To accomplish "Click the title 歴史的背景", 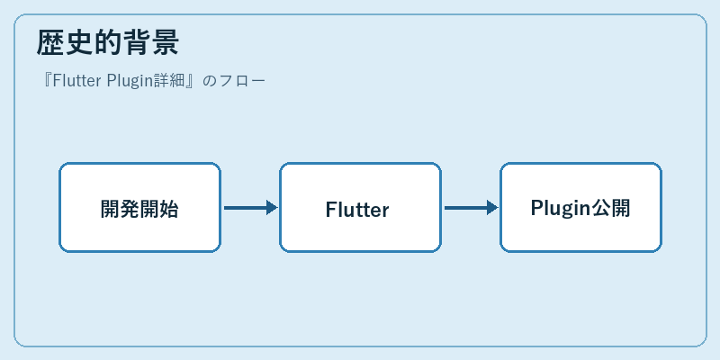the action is (x=107, y=42).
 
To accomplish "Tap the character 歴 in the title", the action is (x=50, y=42).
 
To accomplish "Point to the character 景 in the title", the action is (x=165, y=42).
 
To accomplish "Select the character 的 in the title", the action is (x=107, y=42).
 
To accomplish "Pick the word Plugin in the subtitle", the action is (x=130, y=82).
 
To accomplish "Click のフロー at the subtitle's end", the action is (x=234, y=81).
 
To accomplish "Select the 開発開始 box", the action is (x=140, y=208).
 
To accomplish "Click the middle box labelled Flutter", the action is (x=361, y=208).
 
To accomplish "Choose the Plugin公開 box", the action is (x=580, y=208).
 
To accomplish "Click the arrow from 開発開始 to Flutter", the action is (x=251, y=208).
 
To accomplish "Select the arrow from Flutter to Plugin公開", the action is (x=471, y=208).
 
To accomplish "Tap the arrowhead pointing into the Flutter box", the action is (x=272, y=208).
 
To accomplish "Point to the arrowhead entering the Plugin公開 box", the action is (x=492, y=208).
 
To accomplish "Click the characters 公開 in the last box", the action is (x=611, y=208).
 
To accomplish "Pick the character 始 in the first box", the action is (x=168, y=210).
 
